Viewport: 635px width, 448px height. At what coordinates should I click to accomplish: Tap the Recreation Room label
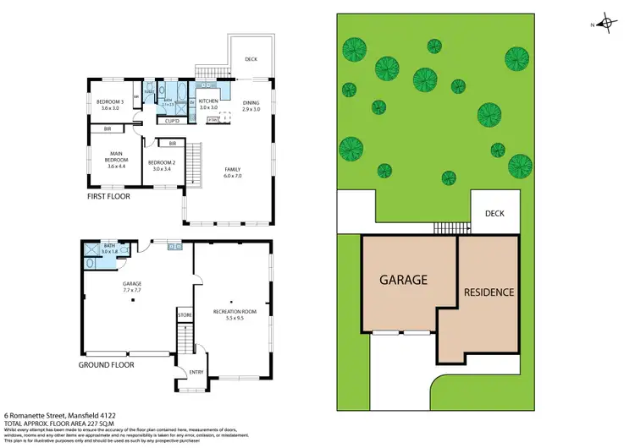[x=234, y=314]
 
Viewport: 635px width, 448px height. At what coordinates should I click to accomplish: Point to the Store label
[x=184, y=315]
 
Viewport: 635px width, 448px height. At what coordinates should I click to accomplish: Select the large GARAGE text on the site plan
[x=403, y=280]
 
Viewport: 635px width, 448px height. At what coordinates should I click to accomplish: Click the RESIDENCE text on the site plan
[x=489, y=292]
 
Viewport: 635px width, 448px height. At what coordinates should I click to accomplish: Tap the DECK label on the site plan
[x=494, y=214]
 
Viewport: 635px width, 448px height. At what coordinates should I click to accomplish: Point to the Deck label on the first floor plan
[x=251, y=59]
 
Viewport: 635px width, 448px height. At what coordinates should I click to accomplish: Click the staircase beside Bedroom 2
[x=196, y=164]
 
